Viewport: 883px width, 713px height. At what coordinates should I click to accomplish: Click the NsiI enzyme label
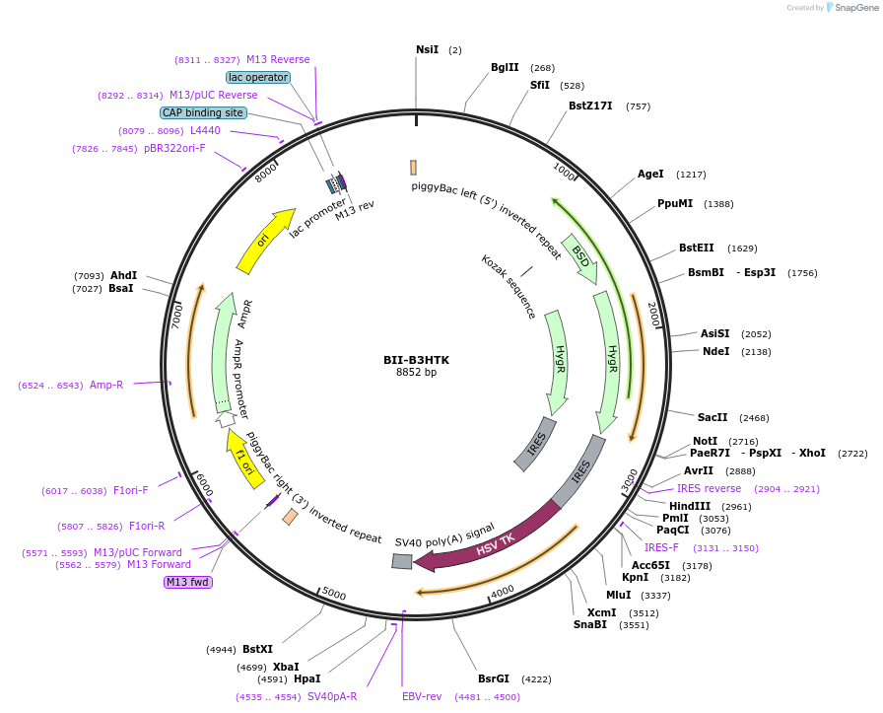pos(427,49)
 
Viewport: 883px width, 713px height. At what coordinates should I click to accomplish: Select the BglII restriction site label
pos(505,67)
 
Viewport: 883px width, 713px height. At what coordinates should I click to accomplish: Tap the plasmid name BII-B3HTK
pos(416,360)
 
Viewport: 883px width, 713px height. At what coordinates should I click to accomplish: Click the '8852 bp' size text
pos(416,373)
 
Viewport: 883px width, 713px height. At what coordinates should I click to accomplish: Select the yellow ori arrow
pos(265,240)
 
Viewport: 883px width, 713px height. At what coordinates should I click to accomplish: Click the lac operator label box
pos(257,77)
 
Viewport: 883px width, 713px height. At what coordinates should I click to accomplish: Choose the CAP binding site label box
pos(202,112)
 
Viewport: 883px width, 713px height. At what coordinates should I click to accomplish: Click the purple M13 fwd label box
pos(187,582)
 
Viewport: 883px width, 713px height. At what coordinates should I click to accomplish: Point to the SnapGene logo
pos(849,8)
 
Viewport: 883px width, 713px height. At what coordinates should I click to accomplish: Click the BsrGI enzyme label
pos(494,678)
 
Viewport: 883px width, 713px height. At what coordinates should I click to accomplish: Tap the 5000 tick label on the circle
pos(334,594)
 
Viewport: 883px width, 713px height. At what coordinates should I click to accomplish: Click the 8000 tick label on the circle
pos(266,173)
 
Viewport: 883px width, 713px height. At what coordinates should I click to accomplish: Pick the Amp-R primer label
pos(106,385)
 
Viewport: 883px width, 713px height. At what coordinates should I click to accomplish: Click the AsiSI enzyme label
pos(715,333)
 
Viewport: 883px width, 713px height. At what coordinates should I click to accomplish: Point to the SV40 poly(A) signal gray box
pos(402,561)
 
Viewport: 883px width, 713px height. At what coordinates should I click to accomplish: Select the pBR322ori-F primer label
pos(174,148)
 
